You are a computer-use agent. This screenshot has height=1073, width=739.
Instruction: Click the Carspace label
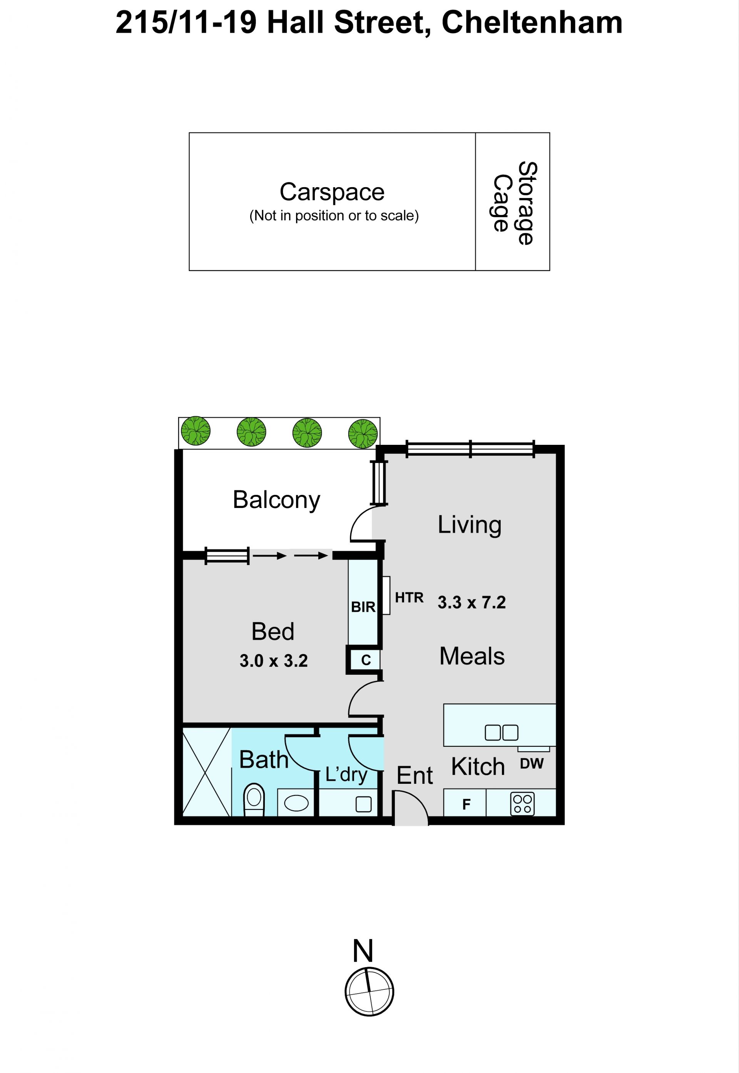point(332,192)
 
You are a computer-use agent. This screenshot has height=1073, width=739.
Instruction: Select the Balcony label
point(276,500)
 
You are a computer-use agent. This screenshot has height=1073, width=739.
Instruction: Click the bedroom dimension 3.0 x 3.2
point(274,661)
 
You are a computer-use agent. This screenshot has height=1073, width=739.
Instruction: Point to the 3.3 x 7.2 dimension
point(472,602)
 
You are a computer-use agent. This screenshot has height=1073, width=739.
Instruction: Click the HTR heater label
point(409,598)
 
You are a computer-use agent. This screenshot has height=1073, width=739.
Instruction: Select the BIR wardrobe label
point(363,607)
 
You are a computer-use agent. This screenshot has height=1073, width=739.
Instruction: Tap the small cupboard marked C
point(366,660)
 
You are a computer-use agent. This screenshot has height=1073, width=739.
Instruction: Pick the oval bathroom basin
point(296,803)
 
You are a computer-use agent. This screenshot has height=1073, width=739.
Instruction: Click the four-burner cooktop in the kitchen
point(522,804)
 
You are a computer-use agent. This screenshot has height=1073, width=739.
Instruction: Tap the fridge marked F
point(466,804)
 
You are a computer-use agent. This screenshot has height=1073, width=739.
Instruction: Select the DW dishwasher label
point(532,763)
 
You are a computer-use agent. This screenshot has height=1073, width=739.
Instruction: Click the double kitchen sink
point(502,733)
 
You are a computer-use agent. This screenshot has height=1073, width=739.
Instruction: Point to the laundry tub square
point(363,804)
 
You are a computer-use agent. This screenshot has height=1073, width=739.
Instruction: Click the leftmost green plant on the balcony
point(196,431)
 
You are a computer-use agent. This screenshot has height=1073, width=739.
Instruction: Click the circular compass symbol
point(369,992)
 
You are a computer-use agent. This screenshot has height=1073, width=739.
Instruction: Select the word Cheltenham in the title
point(532,23)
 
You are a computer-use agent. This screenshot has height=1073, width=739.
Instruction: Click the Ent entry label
point(415,776)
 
